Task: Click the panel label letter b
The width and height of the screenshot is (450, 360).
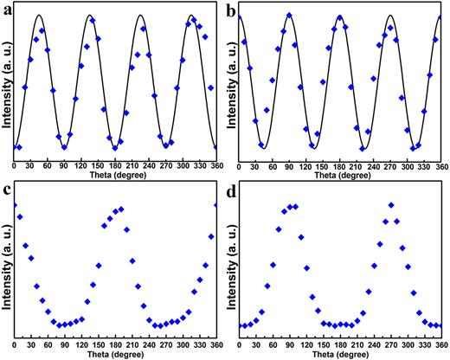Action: click(231, 10)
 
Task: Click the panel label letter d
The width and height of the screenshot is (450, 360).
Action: click(231, 186)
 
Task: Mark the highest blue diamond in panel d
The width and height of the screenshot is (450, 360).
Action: click(391, 205)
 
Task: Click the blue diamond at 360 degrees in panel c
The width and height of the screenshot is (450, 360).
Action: click(215, 205)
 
